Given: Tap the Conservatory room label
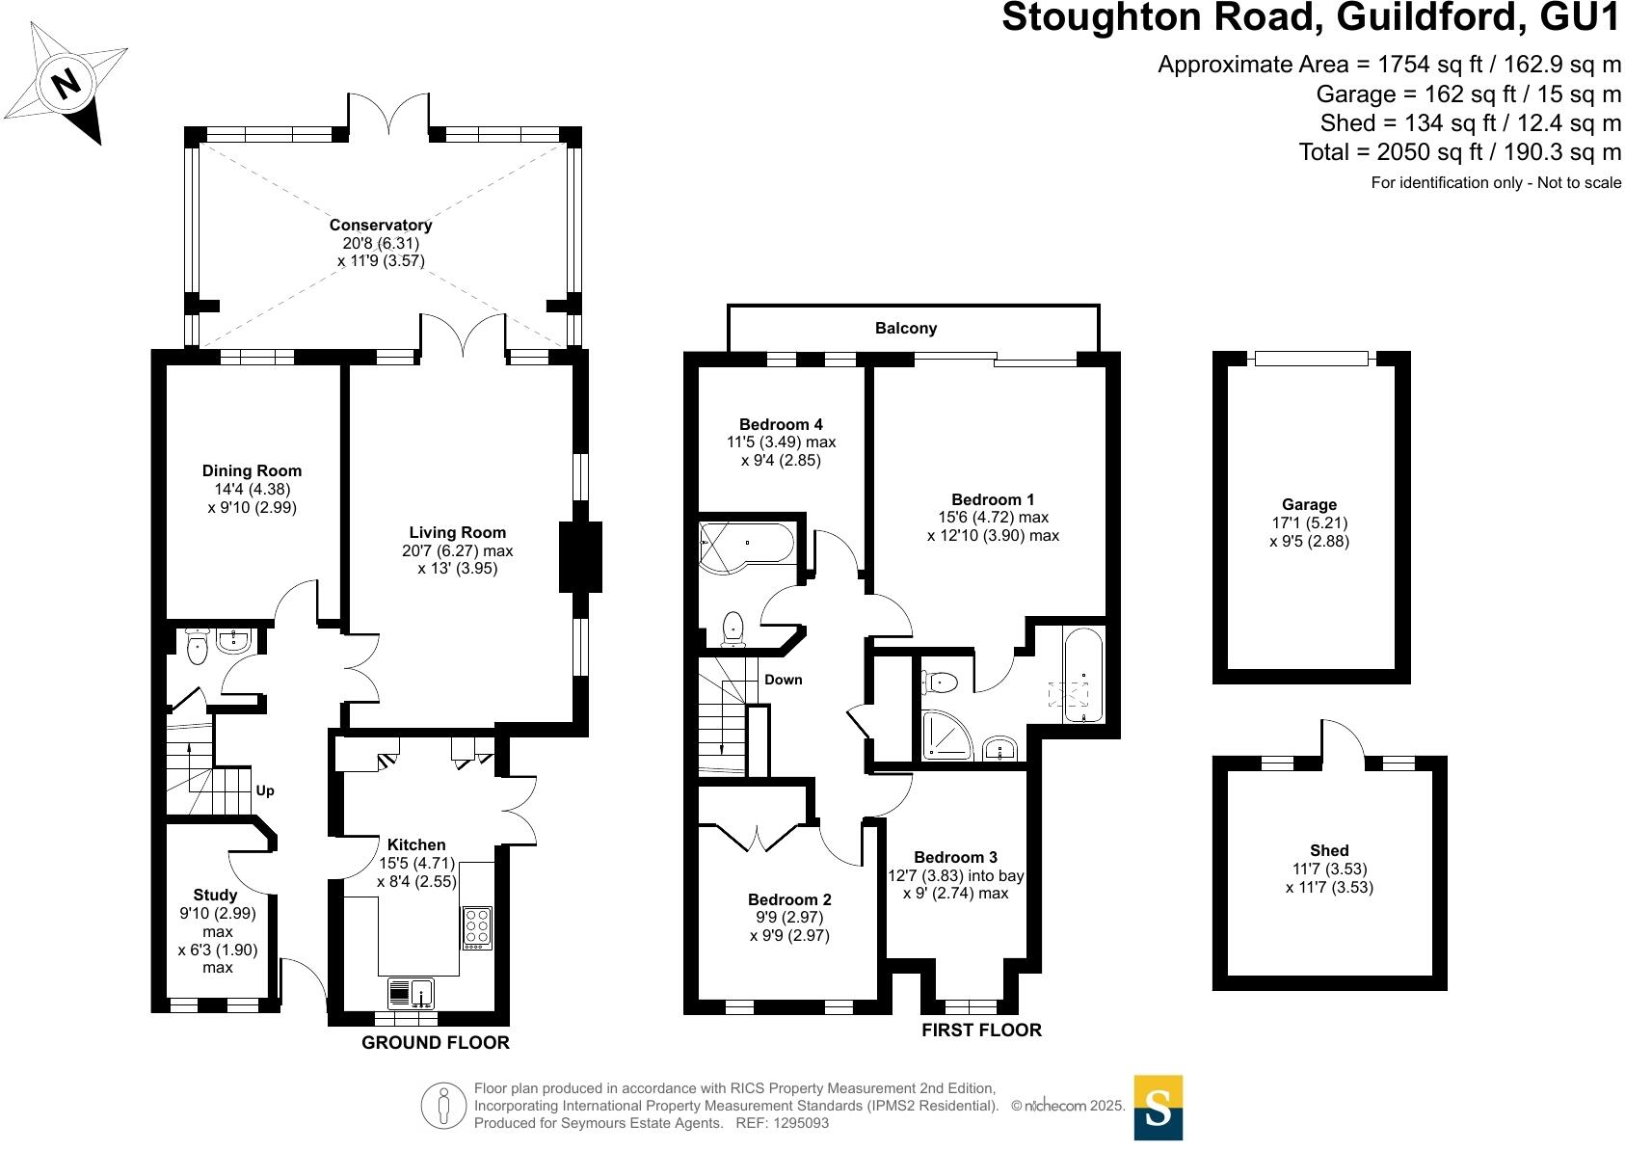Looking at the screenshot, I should [380, 225].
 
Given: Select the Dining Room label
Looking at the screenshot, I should [252, 470].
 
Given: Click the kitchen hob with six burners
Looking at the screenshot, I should [476, 928].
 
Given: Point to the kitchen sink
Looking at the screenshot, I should [412, 992].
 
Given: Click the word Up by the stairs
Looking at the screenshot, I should [265, 790].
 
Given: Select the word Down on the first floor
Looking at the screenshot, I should [783, 680].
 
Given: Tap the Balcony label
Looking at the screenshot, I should [905, 328].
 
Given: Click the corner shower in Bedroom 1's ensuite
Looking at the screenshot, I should [946, 735].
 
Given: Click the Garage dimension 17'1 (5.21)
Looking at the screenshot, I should [1309, 523].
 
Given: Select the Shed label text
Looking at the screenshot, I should [1328, 850].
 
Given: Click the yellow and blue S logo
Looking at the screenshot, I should [1158, 1108].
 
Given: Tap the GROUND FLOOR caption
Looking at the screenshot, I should [435, 1042].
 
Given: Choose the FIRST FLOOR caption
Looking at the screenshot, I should [981, 1030].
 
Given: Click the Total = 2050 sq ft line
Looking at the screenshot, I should [1459, 152].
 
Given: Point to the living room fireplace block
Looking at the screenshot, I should [580, 556].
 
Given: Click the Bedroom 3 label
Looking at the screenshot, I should [955, 857].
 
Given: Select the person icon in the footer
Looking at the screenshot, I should [443, 1106].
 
